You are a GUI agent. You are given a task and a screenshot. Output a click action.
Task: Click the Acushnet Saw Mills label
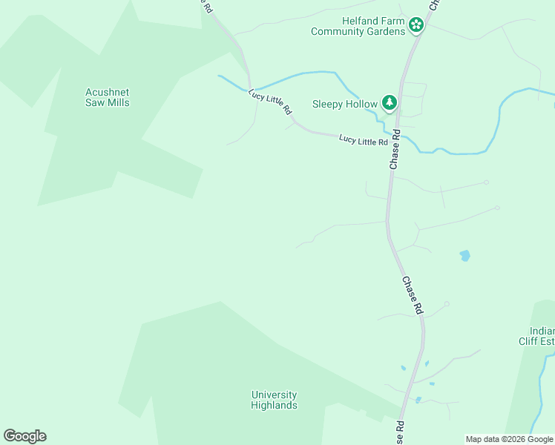pos(108,97)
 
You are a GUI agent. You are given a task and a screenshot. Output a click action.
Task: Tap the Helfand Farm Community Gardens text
pos(358,26)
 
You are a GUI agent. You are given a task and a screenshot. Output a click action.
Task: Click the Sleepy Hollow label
pos(344,104)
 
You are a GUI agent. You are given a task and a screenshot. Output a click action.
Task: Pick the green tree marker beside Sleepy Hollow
pos(389,103)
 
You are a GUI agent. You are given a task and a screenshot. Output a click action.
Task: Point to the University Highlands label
pos(274,400)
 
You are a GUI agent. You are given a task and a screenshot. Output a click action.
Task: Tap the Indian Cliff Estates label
pos(536,336)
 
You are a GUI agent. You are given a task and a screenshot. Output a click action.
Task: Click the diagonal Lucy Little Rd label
pos(270,102)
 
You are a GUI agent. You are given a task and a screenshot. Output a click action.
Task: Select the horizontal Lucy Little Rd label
pos(364,140)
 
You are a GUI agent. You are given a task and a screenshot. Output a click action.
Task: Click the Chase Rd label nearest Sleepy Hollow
pos(396,149)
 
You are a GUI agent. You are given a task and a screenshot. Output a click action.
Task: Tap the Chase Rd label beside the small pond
pos(413,295)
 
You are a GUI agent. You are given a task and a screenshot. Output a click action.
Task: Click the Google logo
pos(24,436)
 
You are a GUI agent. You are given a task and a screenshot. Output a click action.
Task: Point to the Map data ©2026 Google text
pos(509,439)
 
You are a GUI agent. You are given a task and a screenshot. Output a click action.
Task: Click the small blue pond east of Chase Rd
pos(464,256)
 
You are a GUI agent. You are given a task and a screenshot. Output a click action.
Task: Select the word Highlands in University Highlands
pos(274,405)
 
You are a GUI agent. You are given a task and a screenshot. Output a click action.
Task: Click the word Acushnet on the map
pos(108,92)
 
